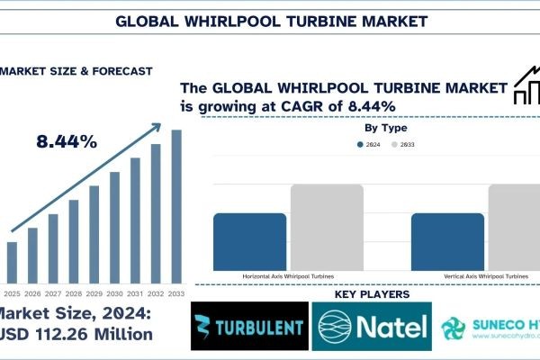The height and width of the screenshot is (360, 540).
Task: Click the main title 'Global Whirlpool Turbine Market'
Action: (270, 19)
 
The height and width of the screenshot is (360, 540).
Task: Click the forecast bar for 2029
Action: (94, 233)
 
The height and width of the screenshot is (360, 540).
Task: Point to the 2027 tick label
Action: (53, 293)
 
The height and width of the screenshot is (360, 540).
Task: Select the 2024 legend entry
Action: (365, 145)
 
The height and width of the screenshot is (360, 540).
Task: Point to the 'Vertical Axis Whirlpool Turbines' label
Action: (485, 276)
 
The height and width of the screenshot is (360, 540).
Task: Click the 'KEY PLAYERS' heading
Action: (372, 294)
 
